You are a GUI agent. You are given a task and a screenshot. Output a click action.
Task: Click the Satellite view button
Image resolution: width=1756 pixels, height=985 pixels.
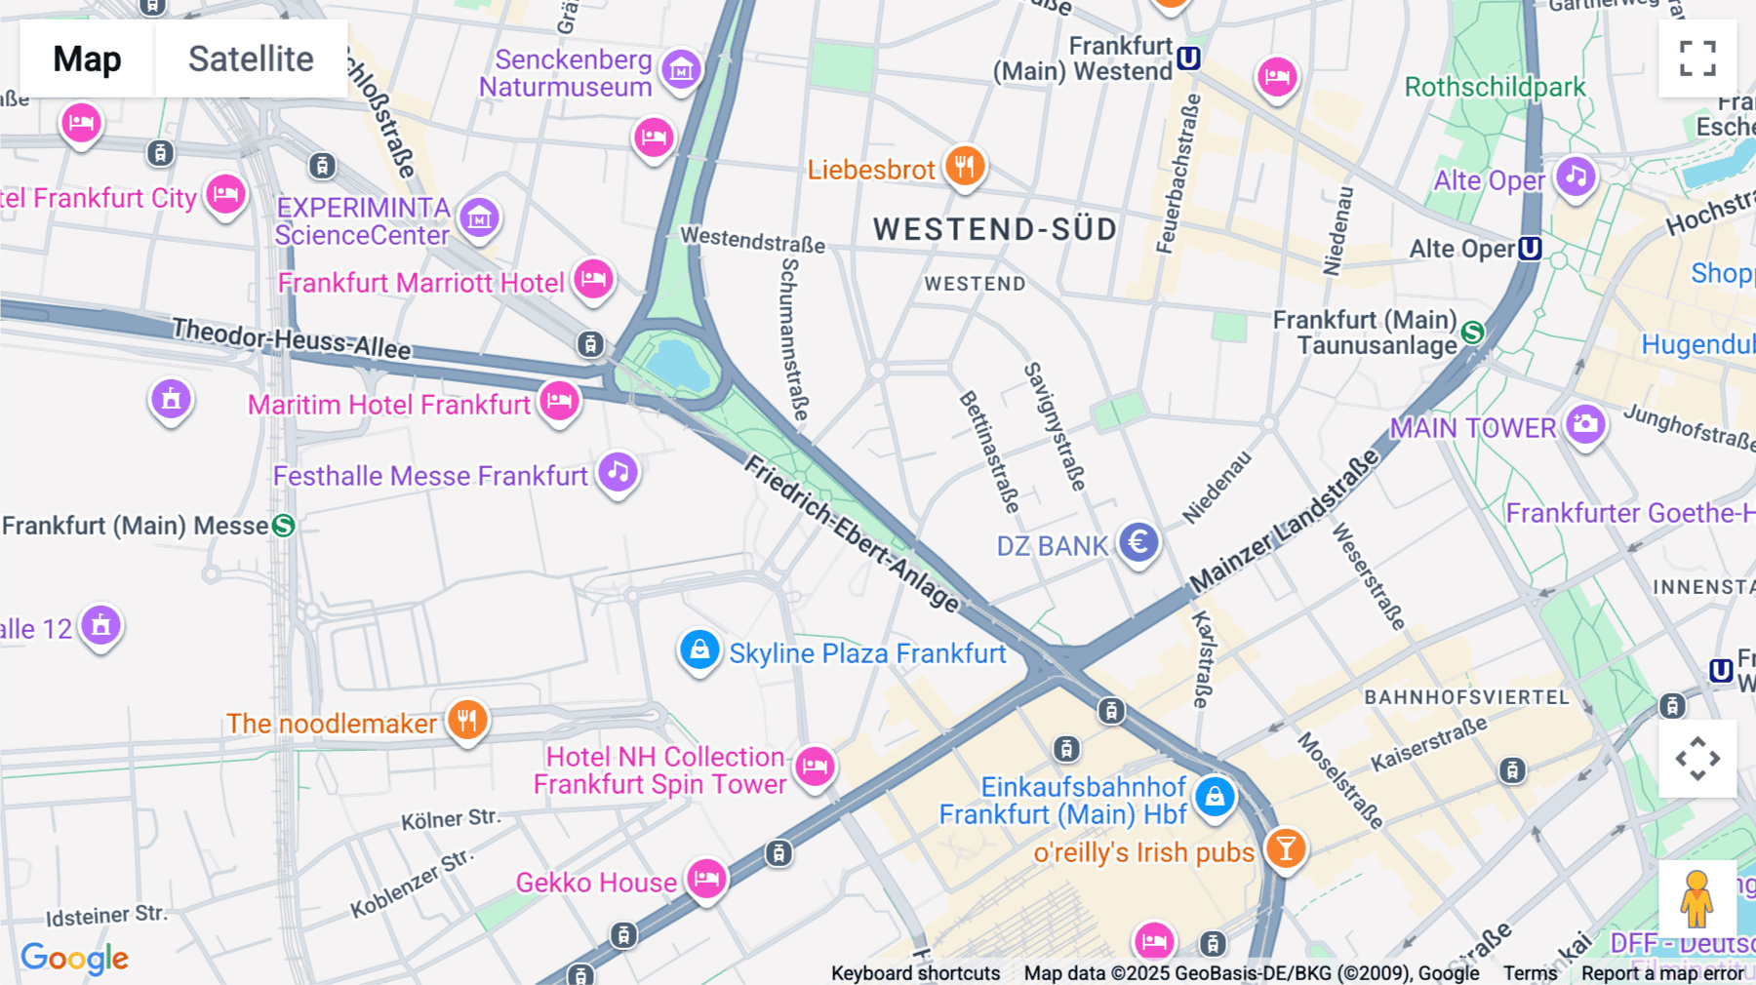[x=251, y=59]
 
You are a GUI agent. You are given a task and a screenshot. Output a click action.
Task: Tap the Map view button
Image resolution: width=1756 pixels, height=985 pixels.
[x=88, y=59]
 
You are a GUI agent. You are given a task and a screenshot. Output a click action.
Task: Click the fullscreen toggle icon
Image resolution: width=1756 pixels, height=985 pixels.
[x=1697, y=59]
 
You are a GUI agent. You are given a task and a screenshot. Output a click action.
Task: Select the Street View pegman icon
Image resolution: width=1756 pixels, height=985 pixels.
[x=1696, y=898]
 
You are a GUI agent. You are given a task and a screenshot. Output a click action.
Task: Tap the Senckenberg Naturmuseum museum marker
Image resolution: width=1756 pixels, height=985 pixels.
[x=681, y=69]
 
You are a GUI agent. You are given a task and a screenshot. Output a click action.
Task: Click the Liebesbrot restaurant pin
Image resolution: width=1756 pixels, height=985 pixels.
[x=964, y=166]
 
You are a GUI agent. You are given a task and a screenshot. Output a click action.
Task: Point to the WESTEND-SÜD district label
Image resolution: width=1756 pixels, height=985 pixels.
[x=995, y=229]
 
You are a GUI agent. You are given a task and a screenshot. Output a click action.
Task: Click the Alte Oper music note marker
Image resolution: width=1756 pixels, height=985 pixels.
[x=1576, y=177]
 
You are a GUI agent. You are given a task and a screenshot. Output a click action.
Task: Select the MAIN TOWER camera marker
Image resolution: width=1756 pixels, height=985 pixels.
[x=1585, y=424]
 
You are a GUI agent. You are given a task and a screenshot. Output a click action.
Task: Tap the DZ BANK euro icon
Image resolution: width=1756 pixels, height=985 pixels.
[x=1138, y=541]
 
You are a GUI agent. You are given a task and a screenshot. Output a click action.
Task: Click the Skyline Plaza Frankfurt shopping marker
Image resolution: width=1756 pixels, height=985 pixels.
[x=699, y=649]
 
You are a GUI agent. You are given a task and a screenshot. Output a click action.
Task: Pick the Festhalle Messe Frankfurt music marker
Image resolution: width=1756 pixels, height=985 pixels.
[x=618, y=472]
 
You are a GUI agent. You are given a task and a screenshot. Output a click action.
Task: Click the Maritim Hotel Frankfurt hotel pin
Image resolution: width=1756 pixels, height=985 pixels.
[x=559, y=400]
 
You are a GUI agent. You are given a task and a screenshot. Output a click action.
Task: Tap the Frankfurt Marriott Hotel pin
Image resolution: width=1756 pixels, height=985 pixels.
[x=593, y=279]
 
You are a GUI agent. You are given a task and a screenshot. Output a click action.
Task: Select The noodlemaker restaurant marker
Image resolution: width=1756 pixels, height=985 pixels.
[x=467, y=721]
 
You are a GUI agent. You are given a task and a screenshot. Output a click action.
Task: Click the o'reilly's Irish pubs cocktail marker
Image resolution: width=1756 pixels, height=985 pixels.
[x=1286, y=848]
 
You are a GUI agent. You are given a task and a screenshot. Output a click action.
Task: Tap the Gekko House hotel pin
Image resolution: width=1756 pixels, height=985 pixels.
[x=706, y=879]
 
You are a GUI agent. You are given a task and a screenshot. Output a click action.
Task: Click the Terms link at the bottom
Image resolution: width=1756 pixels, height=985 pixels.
[x=1530, y=972]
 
